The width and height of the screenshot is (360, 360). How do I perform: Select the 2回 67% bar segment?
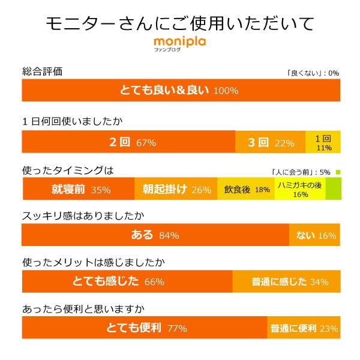click(x=128, y=142)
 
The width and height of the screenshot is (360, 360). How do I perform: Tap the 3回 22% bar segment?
click(x=270, y=142)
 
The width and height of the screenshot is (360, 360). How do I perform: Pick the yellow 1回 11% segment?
click(x=323, y=142)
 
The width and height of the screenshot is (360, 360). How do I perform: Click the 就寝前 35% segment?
click(x=78, y=190)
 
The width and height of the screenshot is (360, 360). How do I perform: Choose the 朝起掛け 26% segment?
click(x=175, y=190)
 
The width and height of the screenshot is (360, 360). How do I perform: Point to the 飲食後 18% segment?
click(x=246, y=190)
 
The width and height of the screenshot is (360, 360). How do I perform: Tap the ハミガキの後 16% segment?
click(x=299, y=190)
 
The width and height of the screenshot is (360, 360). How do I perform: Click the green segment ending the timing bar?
click(x=333, y=190)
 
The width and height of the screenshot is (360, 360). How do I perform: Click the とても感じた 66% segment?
click(x=127, y=281)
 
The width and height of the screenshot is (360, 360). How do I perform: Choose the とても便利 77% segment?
click(x=144, y=328)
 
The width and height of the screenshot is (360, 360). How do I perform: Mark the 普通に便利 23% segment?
click(x=304, y=328)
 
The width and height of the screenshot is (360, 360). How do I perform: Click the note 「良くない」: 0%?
click(x=313, y=73)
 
